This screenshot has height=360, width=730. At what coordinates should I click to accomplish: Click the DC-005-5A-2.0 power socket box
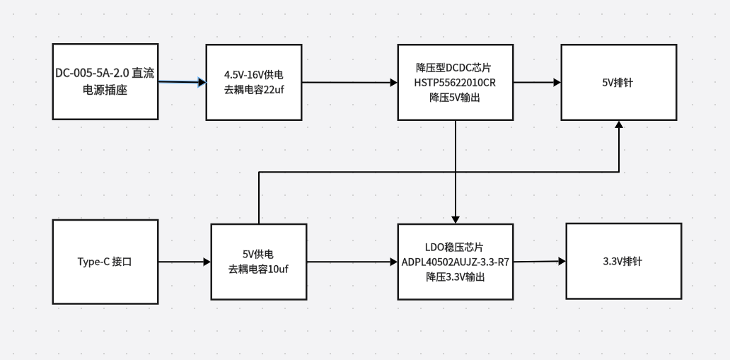click(105, 81)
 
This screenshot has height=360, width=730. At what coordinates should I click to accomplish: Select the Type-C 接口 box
click(105, 262)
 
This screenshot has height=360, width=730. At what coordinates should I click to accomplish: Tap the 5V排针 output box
click(618, 82)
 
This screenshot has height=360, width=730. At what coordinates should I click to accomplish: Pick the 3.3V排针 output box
click(623, 261)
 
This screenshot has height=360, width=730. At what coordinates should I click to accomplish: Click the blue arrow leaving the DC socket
click(182, 83)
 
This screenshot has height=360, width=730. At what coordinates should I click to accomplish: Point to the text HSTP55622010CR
click(455, 83)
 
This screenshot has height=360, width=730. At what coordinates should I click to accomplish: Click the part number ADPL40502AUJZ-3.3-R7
click(455, 262)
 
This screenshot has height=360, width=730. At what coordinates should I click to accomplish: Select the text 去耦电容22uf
click(254, 89)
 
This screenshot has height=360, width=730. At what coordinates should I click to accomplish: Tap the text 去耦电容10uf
click(258, 269)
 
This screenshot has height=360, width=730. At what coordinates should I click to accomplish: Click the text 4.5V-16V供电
click(254, 75)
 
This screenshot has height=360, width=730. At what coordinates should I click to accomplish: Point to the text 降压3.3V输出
click(455, 277)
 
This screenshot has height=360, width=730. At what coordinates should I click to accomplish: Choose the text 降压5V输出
click(455, 97)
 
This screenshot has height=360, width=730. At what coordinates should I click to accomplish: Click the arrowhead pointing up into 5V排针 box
click(619, 124)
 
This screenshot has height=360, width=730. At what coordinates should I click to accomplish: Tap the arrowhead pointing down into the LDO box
click(456, 219)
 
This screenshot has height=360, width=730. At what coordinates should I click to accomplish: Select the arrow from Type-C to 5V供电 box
click(184, 262)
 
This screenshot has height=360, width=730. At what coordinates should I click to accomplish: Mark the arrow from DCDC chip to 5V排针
click(537, 82)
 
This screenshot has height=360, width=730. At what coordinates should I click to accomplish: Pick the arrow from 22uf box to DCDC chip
click(349, 83)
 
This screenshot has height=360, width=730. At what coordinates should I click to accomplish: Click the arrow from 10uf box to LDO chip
click(352, 262)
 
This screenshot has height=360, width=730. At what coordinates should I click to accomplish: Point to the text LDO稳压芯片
click(455, 248)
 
